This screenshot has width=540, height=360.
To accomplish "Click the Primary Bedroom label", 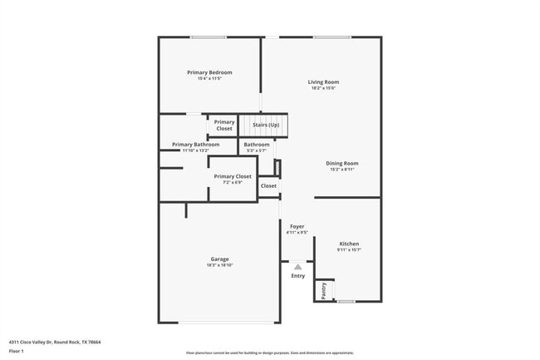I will (209, 72).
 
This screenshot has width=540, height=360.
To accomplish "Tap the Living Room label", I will (323, 82).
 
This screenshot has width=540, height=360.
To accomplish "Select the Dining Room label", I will (342, 163).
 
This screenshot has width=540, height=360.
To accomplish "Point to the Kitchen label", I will (349, 244).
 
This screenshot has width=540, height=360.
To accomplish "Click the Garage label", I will (219, 259).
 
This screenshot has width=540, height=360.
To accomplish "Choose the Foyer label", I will (297, 226).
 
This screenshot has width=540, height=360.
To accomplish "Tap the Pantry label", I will (323, 290).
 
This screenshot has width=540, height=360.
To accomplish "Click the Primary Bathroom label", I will (196, 145).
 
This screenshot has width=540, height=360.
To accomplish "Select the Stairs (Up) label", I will (266, 125).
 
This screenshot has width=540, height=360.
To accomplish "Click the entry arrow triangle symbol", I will (297, 266).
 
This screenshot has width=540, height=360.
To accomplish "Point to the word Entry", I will (297, 276).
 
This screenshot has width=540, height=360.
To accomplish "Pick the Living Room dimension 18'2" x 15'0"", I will (323, 88).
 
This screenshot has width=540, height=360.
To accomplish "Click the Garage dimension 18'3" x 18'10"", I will (219, 265).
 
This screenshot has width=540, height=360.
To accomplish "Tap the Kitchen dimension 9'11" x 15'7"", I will (349, 250).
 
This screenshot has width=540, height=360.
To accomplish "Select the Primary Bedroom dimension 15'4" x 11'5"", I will (209, 78).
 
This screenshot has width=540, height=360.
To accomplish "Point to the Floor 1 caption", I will (17, 350).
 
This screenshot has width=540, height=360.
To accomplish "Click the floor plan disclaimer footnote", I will (269, 353).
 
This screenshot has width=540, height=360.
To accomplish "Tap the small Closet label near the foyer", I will (268, 186).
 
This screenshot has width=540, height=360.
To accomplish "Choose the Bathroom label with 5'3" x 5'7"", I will (257, 145).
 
